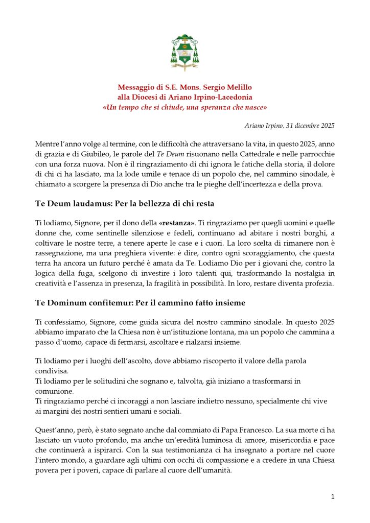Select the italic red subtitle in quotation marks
pyautogui.click(x=184, y=107)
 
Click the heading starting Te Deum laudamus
pyautogui.click(x=124, y=204)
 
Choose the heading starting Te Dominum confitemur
pyautogui.click(x=140, y=303)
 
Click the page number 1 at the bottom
pyautogui.click(x=333, y=497)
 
